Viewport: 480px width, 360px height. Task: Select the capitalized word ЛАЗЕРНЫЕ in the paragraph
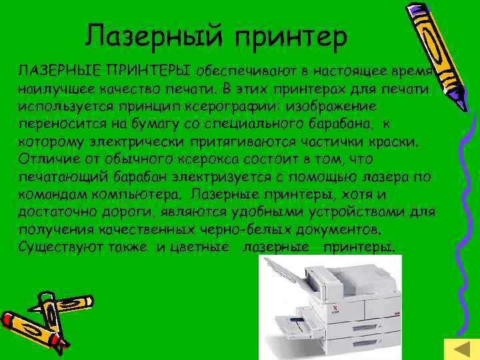tap(55, 71)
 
